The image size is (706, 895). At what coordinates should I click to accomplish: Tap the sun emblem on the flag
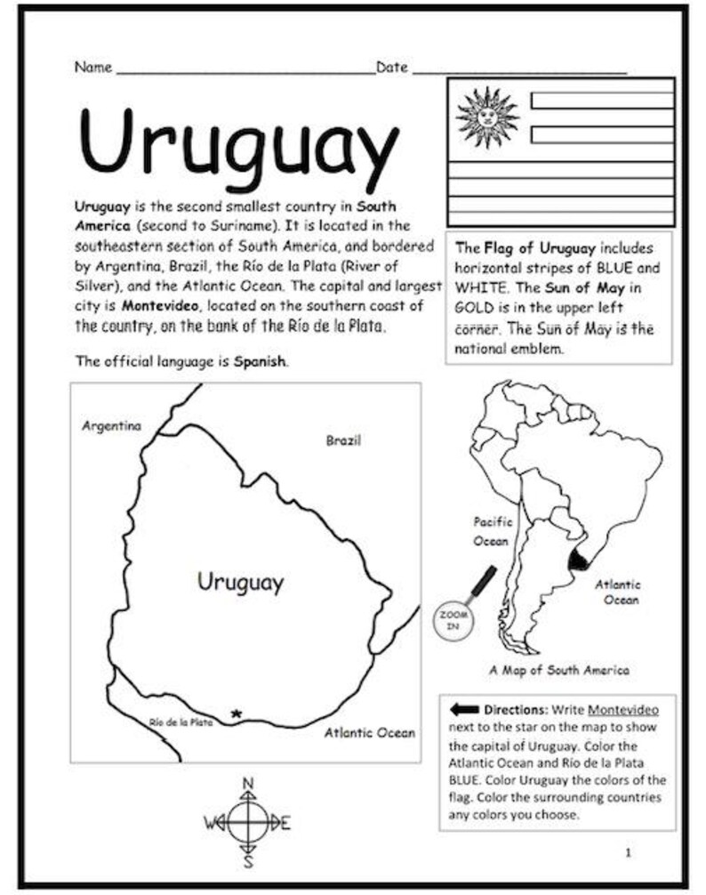(486, 117)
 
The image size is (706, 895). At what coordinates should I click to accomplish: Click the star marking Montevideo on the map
(236, 714)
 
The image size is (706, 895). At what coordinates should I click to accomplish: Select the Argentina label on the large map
(111, 426)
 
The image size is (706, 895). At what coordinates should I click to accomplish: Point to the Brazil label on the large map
(343, 440)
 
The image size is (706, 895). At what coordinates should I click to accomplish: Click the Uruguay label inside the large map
(240, 583)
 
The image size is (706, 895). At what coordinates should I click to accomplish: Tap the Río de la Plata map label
(181, 722)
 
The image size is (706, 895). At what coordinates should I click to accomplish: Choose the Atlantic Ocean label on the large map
(369, 733)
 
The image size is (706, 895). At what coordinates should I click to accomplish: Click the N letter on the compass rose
(248, 784)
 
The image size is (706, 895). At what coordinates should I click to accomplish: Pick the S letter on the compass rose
(249, 860)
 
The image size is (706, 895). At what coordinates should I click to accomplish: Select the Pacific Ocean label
(492, 531)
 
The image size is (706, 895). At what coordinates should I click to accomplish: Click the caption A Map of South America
(558, 670)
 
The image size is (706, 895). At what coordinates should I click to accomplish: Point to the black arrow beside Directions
(464, 710)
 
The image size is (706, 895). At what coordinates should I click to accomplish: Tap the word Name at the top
(92, 68)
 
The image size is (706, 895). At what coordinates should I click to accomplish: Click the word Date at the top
(391, 68)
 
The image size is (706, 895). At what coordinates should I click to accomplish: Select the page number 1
(628, 853)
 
